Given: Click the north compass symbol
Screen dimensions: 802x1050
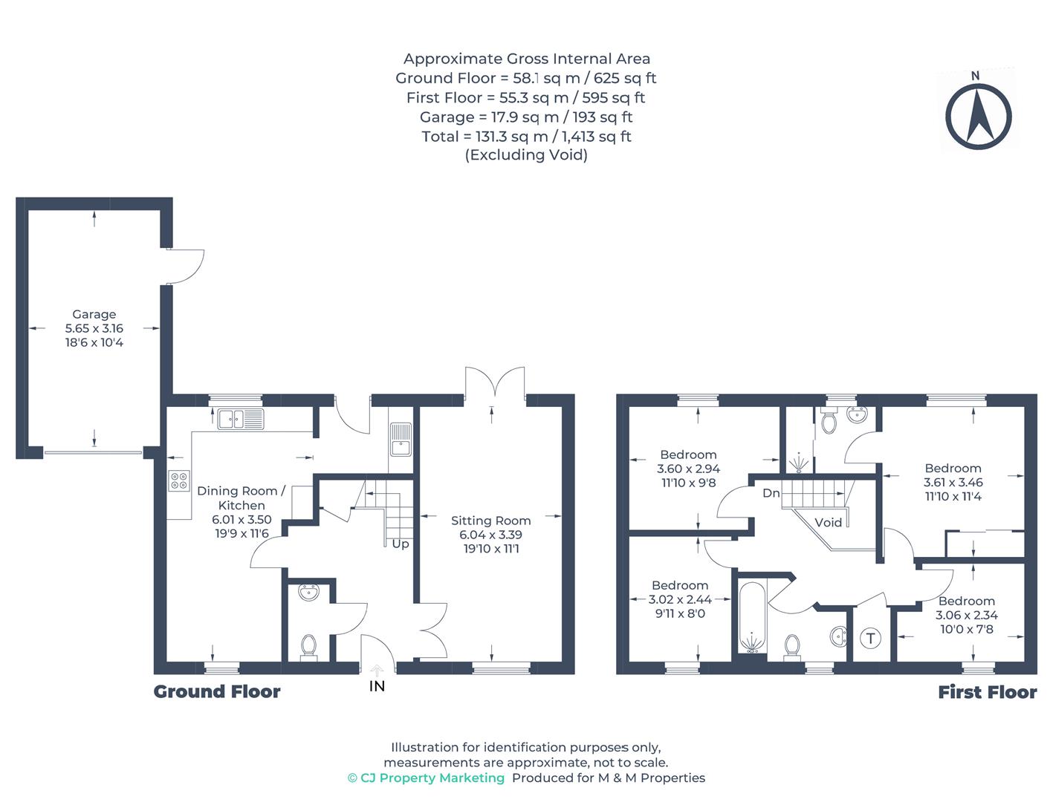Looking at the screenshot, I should tap(978, 116).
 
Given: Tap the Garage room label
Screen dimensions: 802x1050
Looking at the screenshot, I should tap(94, 314).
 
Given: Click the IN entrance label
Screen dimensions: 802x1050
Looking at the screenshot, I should tap(377, 686).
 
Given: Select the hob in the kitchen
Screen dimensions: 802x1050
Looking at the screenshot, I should tap(178, 480).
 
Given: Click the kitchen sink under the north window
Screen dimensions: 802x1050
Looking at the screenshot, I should tap(240, 420).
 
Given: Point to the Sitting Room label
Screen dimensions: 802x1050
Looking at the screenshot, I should tap(490, 521).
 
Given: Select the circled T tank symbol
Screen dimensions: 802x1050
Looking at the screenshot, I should tap(870, 638).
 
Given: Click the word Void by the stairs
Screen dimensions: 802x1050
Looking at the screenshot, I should tap(828, 522).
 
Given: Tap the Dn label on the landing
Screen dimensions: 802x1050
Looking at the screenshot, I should tap(771, 493).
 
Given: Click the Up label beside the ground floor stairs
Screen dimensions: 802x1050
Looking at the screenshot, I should tap(400, 544).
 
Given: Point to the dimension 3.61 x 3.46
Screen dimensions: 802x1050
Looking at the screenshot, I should tap(953, 482).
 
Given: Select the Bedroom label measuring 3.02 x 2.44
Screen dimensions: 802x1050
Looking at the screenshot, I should tap(679, 585).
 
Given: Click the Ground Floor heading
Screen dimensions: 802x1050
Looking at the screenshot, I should tap(217, 691).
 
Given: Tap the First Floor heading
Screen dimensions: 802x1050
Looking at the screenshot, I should tap(987, 692).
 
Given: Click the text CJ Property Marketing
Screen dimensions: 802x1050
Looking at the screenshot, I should tap(432, 777).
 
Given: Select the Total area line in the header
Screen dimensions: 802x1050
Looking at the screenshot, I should tap(526, 136).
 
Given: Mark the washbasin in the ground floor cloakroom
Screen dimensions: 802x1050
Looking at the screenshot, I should tap(308, 593).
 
